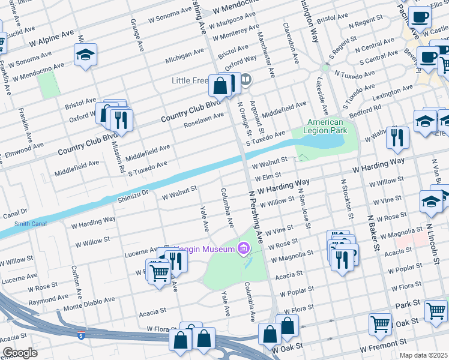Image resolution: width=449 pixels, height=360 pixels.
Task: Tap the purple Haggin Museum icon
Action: point(244,248)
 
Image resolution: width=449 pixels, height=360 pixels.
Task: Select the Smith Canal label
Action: point(29,224)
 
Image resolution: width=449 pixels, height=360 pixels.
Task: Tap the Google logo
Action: point(20,353)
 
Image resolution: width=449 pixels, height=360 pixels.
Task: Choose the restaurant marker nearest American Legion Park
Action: point(397,138)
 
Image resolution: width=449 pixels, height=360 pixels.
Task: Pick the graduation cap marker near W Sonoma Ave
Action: point(86,55)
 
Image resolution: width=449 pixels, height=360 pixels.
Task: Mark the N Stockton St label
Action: point(346,198)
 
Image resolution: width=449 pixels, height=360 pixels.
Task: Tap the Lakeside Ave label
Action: point(322,96)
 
